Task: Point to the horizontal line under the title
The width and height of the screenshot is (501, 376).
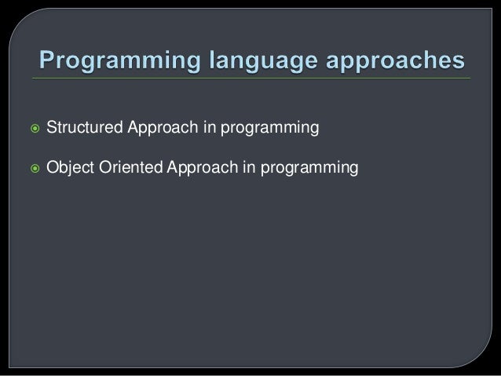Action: point(251,79)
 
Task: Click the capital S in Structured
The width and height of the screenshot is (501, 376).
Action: point(51,127)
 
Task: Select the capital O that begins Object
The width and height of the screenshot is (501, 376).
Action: point(52,166)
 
